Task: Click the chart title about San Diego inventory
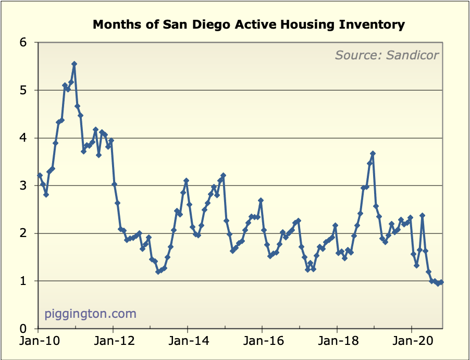pyautogui.click(x=249, y=24)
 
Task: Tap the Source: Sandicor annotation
pyautogui.click(x=387, y=55)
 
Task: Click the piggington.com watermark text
pyautogui.click(x=90, y=314)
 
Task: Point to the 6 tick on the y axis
pyautogui.click(x=23, y=42)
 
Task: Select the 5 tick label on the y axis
pyautogui.click(x=23, y=90)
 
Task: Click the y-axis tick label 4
pyautogui.click(x=23, y=138)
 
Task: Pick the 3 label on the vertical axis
pyautogui.click(x=23, y=185)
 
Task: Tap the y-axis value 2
pyautogui.click(x=23, y=233)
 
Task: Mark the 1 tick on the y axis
pyautogui.click(x=23, y=281)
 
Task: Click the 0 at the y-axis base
pyautogui.click(x=23, y=329)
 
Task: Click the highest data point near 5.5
pyautogui.click(x=74, y=64)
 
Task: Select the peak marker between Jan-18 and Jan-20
pyautogui.click(x=373, y=154)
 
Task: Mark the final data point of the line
pyautogui.click(x=441, y=282)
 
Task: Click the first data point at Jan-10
pyautogui.click(x=40, y=176)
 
